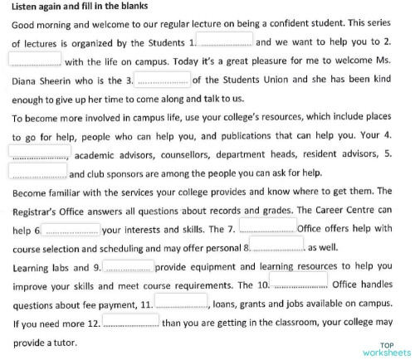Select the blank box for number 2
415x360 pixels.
tap(35, 59)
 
